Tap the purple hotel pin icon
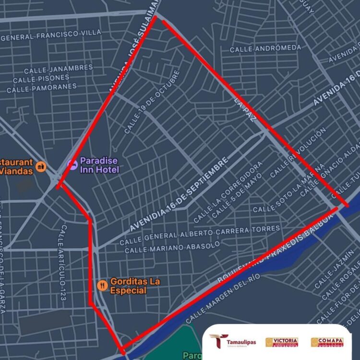[x=72, y=164]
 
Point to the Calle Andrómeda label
[x=265, y=48]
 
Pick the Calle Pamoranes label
[x=42, y=88]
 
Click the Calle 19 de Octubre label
[x=152, y=102]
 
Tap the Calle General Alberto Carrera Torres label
[x=199, y=234]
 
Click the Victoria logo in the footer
[x=282, y=342]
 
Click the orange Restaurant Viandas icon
[x=41, y=166]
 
